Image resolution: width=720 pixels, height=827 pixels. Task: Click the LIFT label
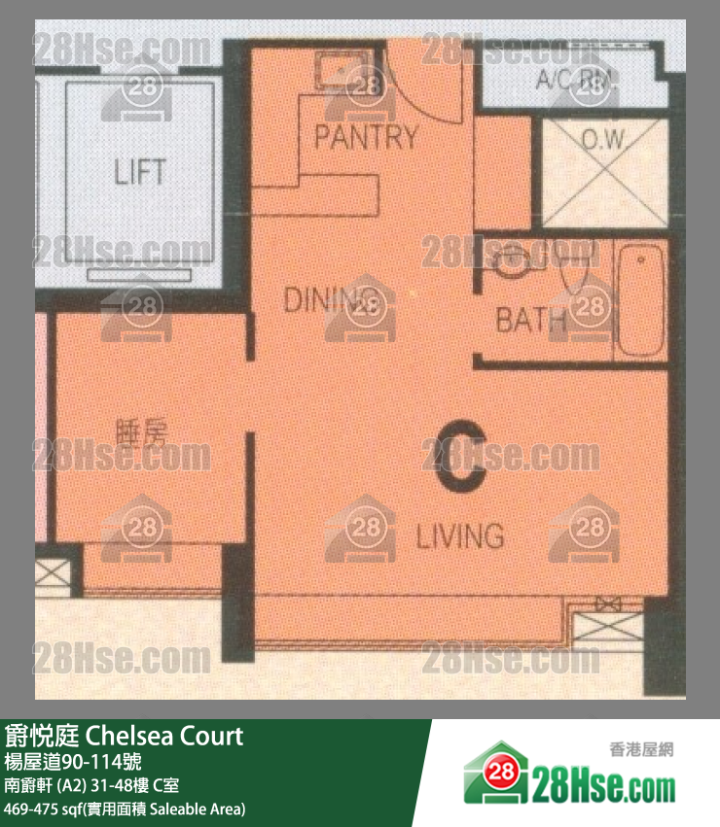(x=139, y=173)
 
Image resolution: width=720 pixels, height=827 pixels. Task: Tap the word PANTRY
(x=365, y=137)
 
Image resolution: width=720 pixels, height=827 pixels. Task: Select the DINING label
(x=329, y=300)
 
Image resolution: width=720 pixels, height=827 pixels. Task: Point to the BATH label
(x=530, y=319)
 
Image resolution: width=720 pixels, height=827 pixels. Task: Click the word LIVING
(x=460, y=535)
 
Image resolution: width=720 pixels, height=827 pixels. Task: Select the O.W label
(x=603, y=140)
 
